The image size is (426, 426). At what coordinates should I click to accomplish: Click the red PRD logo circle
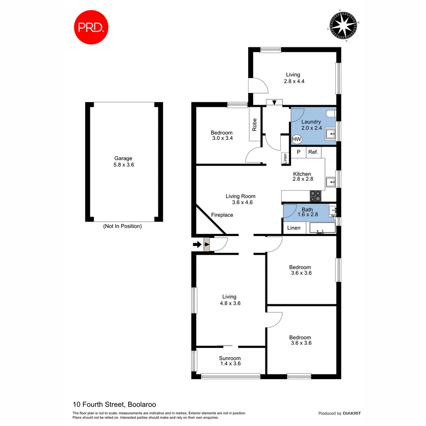(x=91, y=27)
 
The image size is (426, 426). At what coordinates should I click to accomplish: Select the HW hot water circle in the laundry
(x=296, y=139)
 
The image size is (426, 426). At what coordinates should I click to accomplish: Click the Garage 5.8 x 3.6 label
(x=123, y=162)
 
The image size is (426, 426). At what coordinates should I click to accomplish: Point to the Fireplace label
(x=222, y=215)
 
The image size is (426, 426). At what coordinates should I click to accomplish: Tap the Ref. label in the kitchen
(x=313, y=152)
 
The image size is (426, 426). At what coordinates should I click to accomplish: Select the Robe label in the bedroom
(x=255, y=125)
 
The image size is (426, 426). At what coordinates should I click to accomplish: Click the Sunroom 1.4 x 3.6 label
(x=230, y=361)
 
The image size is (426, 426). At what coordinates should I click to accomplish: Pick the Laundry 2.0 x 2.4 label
(x=311, y=125)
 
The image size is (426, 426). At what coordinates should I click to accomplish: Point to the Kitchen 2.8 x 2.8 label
(x=302, y=176)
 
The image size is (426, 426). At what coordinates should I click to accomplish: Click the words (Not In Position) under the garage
(x=122, y=226)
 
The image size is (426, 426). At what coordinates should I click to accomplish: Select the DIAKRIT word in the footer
(x=352, y=413)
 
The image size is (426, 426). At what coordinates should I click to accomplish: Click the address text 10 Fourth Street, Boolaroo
(x=114, y=404)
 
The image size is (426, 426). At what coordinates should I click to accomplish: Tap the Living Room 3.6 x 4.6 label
(x=240, y=199)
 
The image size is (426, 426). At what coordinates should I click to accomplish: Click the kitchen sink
(x=331, y=182)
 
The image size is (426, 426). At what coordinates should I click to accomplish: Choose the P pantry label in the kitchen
(x=299, y=152)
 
